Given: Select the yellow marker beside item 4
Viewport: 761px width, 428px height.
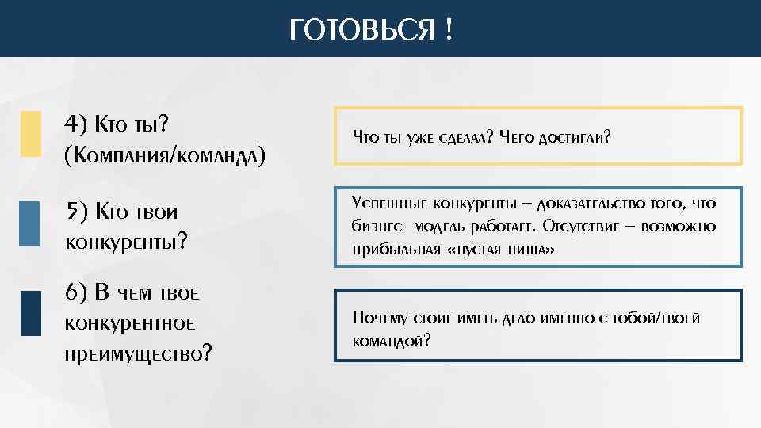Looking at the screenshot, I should click(30, 133).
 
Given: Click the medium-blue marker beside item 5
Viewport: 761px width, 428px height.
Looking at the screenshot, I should click(29, 224).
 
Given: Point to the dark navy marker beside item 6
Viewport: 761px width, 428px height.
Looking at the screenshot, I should click(30, 314).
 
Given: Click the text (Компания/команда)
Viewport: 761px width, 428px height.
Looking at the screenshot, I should click(164, 154).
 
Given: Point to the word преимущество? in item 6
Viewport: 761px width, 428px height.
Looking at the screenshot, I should click(138, 353).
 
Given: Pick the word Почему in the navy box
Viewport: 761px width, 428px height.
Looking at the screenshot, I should click(380, 319).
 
